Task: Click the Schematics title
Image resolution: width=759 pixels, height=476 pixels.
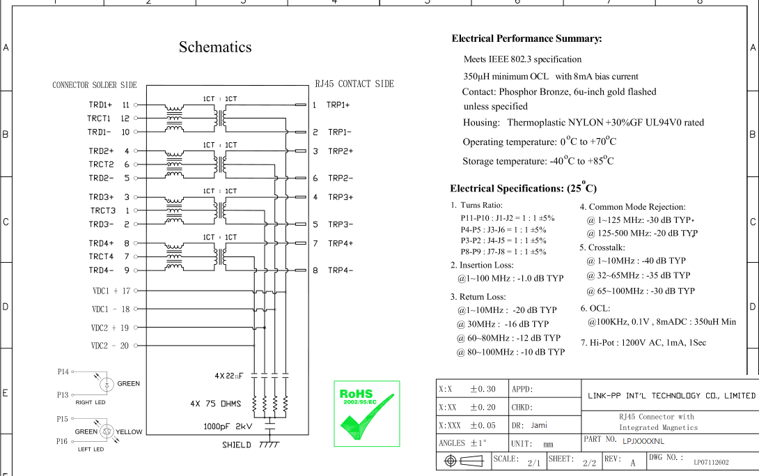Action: click(x=215, y=47)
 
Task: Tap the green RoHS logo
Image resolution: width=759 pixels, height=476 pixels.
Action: click(x=367, y=413)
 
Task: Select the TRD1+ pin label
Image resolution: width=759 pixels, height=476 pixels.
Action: click(x=100, y=105)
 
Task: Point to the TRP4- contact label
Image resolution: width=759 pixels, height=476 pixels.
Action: click(x=341, y=270)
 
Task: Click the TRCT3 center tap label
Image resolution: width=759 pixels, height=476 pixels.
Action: click(x=102, y=210)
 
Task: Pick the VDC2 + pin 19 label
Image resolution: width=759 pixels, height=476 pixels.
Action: click(x=110, y=328)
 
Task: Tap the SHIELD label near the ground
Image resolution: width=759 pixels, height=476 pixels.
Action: click(x=237, y=445)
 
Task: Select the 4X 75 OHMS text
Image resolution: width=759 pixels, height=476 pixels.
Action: click(x=215, y=404)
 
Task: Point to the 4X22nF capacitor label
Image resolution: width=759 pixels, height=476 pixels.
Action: click(x=229, y=376)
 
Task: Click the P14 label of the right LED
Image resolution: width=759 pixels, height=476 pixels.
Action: click(x=63, y=372)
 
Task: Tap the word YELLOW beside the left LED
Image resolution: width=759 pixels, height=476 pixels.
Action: click(x=129, y=432)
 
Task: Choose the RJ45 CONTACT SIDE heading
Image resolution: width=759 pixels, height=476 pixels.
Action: click(x=354, y=84)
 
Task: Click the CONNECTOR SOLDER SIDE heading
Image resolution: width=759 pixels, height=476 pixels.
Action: click(x=95, y=85)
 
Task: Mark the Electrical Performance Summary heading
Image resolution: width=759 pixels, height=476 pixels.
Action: click(x=526, y=39)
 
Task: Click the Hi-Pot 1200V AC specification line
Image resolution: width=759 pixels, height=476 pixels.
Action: click(x=643, y=343)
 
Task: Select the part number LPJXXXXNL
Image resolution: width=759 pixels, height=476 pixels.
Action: click(x=643, y=441)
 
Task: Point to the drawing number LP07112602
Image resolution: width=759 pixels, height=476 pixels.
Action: click(x=711, y=463)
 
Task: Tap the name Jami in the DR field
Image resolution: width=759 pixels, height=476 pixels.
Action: click(x=539, y=425)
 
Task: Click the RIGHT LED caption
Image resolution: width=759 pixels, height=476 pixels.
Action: click(x=91, y=402)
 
